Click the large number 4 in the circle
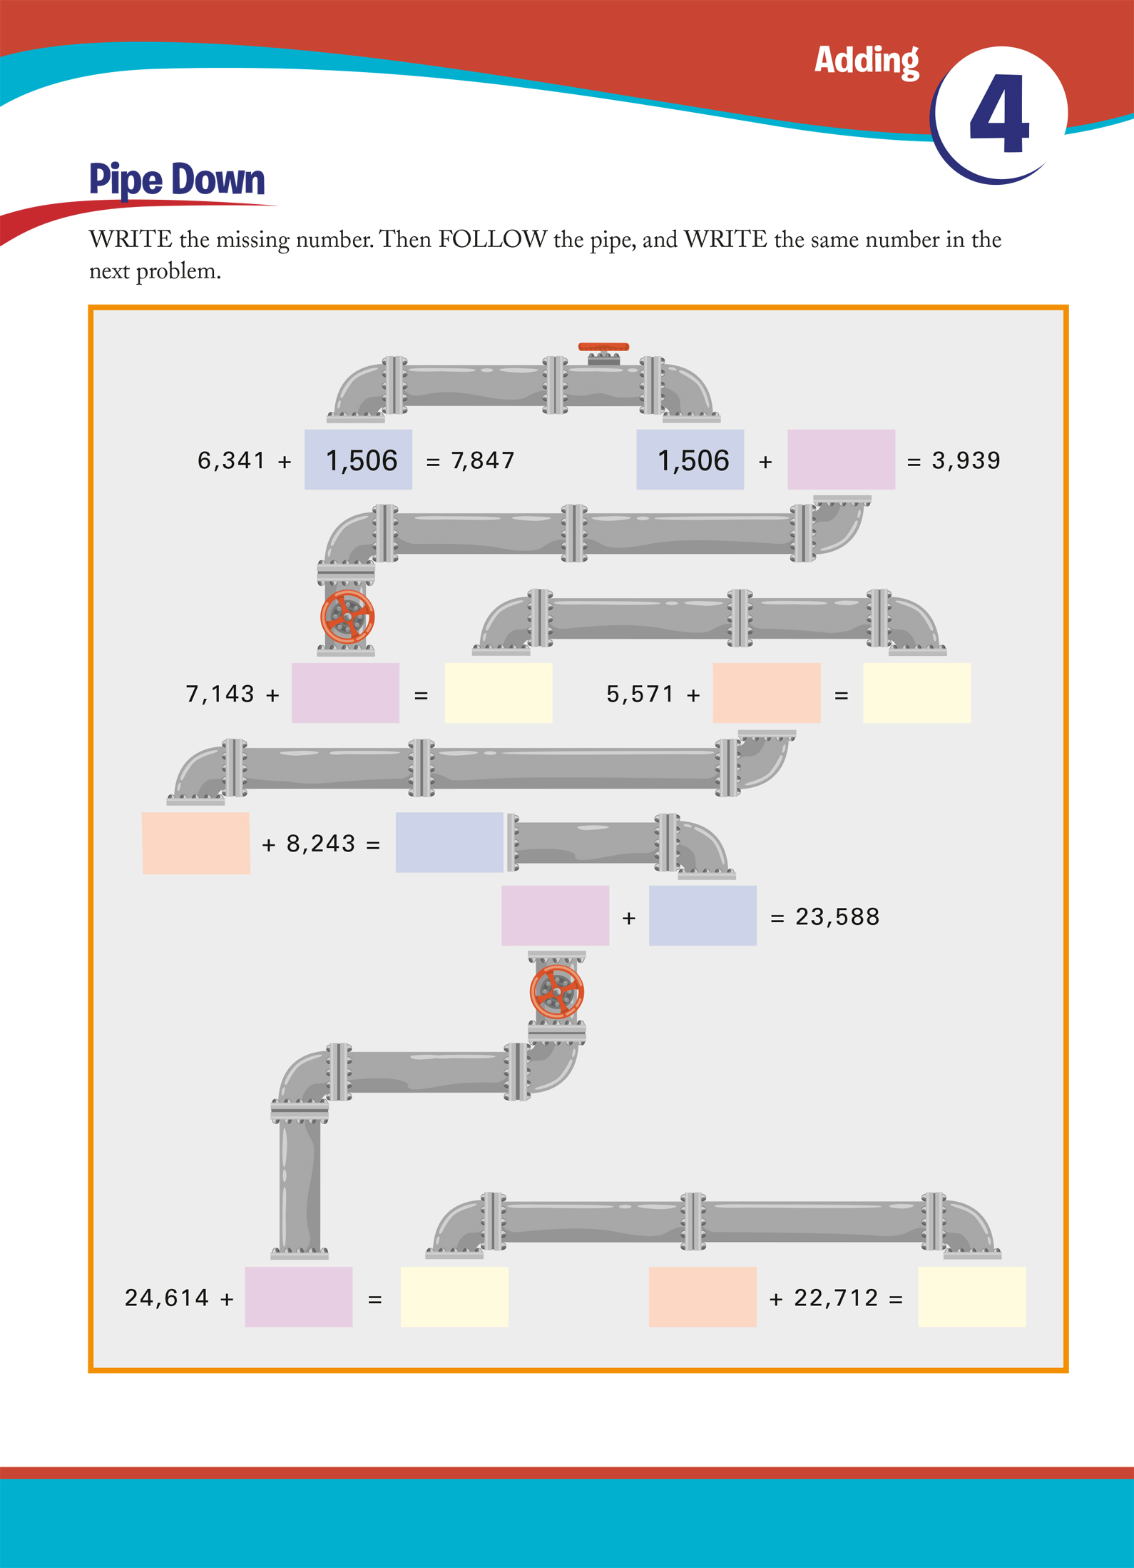(x=1000, y=114)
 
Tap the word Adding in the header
(x=867, y=61)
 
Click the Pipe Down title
(x=177, y=179)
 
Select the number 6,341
(x=232, y=460)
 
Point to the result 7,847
(x=483, y=460)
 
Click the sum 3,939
(x=966, y=460)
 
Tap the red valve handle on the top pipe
(x=603, y=348)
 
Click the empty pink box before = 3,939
(x=841, y=460)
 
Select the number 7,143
(x=220, y=694)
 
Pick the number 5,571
(x=640, y=694)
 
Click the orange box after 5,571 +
(x=766, y=693)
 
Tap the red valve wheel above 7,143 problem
(x=347, y=617)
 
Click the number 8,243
(x=321, y=844)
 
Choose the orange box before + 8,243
(x=196, y=843)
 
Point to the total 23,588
(x=837, y=916)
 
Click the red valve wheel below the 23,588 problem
(x=557, y=991)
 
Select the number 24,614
(x=167, y=1298)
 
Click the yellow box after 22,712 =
(x=971, y=1297)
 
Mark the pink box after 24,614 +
(x=298, y=1297)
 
